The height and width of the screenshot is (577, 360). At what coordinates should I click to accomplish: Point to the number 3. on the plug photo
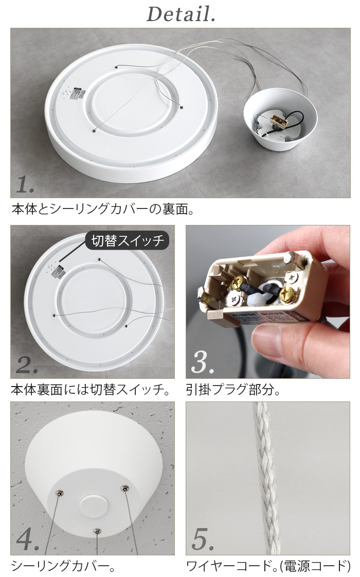click(202, 364)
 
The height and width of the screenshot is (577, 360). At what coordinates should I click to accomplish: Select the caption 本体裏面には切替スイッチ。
click(91, 390)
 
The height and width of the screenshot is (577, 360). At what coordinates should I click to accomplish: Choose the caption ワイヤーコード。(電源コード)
click(267, 566)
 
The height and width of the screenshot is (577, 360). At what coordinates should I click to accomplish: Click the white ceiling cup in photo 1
click(280, 121)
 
